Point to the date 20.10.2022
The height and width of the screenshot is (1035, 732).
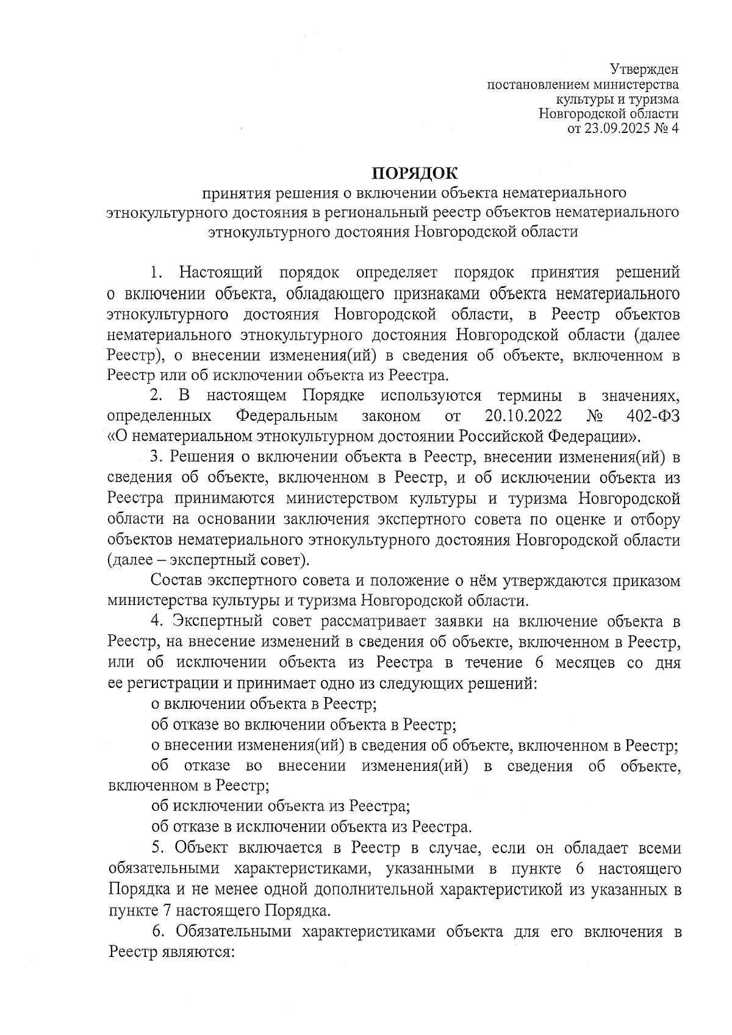pyautogui.click(x=518, y=417)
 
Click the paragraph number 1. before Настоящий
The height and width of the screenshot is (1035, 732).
pyautogui.click(x=157, y=272)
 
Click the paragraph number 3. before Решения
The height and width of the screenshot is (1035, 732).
pyautogui.click(x=157, y=457)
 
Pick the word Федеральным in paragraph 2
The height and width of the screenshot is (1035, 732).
pyautogui.click(x=287, y=417)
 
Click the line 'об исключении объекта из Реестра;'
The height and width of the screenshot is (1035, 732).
pyautogui.click(x=280, y=806)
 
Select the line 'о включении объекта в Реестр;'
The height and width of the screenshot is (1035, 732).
pyautogui.click(x=264, y=704)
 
